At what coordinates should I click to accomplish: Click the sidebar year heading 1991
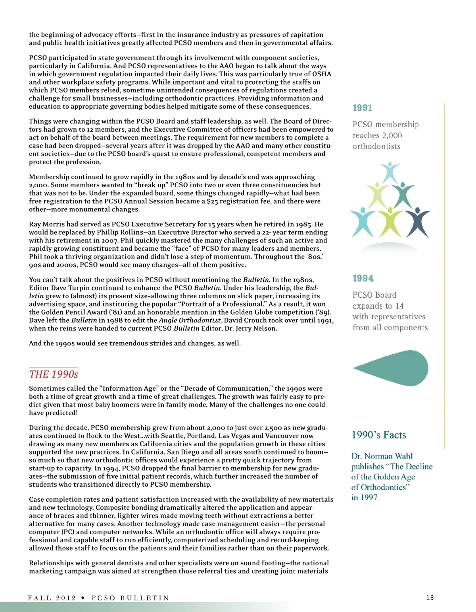tap(362, 108)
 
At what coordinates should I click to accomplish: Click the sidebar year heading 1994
tap(363, 278)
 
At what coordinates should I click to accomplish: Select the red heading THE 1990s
tap(54, 374)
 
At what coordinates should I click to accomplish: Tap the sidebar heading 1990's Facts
tap(379, 435)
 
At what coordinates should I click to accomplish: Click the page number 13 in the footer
tap(430, 598)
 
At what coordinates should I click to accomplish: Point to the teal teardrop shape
tap(397, 368)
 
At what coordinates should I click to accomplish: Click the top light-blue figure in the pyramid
tap(390, 172)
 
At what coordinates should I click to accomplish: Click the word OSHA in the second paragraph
tap(321, 74)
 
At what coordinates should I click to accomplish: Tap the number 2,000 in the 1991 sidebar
tap(392, 136)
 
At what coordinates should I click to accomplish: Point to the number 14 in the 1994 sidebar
tap(399, 306)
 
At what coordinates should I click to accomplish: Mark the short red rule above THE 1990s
tap(54, 367)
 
